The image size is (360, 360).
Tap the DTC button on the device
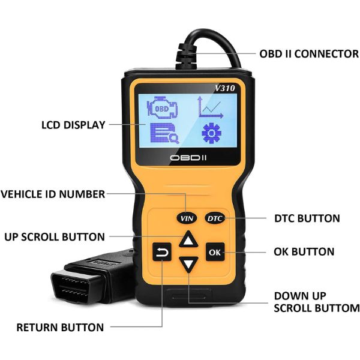[214, 218]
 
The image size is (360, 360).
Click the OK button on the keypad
[214, 251]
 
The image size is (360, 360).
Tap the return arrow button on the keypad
[163, 253]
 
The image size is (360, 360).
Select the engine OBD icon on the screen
[163, 108]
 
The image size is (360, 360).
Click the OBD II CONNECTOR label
[309, 54]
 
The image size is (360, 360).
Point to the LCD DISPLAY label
[73, 125]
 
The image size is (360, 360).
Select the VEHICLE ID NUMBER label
[53, 194]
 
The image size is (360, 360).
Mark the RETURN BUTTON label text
[60, 328]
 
